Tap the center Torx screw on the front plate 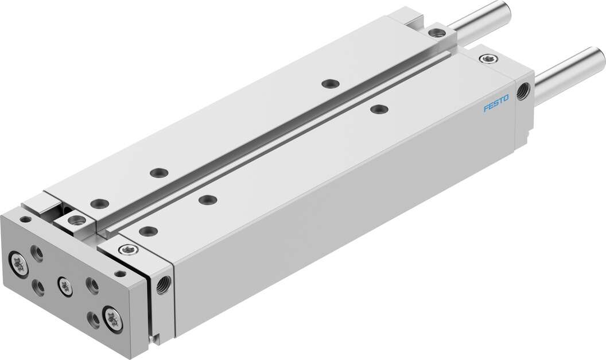coord(65,287)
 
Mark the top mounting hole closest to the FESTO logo coord(376,109)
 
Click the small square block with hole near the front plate coord(75,219)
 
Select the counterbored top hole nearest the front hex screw coord(148,231)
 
